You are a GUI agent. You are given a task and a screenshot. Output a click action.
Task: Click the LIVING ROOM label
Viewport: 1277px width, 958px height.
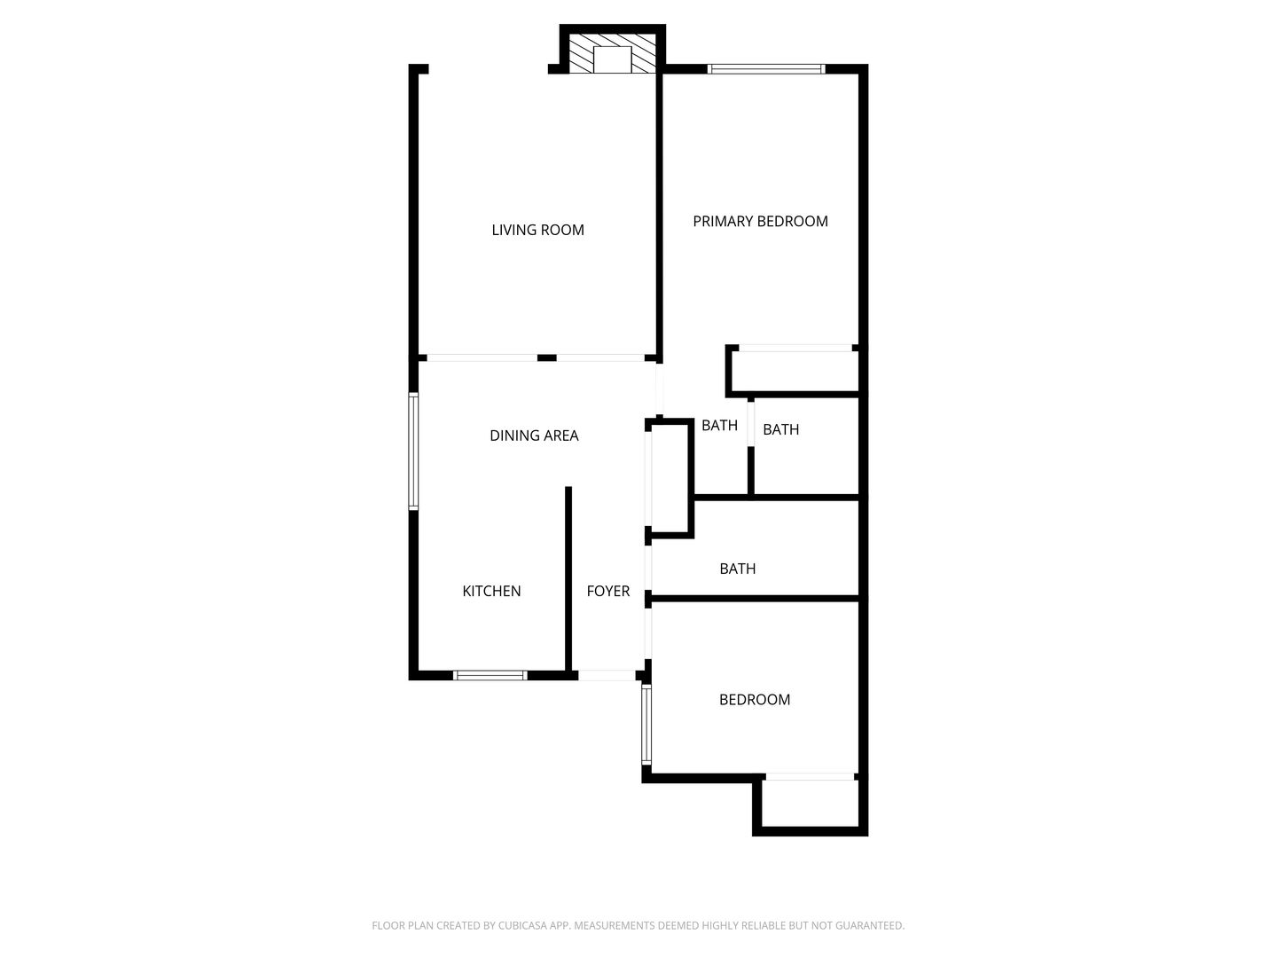point(537,230)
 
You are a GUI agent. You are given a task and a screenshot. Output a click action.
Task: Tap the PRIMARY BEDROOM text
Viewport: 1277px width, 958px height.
point(760,221)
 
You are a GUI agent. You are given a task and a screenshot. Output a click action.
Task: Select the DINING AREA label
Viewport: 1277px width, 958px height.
point(534,435)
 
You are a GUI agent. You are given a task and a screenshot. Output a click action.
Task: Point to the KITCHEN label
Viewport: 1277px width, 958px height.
point(491,591)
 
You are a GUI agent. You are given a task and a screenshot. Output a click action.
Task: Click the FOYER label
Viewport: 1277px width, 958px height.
point(608,591)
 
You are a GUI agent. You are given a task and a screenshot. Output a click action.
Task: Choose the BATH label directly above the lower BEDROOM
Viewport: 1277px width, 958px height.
point(737,569)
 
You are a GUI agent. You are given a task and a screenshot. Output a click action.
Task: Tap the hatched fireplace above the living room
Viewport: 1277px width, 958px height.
point(612,53)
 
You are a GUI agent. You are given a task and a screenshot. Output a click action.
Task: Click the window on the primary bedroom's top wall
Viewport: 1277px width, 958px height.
point(766,68)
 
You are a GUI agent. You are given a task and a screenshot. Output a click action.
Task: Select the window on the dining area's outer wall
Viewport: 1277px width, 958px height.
point(413,451)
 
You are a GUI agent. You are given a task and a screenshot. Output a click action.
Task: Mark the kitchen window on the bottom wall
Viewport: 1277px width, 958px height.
point(490,675)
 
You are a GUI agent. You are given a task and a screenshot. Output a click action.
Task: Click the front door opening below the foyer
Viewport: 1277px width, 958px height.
point(607,675)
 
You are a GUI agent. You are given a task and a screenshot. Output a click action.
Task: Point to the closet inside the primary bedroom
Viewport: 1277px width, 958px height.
point(795,371)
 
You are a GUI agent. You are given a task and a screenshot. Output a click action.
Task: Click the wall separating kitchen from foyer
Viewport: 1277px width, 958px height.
point(568,578)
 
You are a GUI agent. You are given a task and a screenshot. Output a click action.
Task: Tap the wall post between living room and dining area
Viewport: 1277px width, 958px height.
point(546,357)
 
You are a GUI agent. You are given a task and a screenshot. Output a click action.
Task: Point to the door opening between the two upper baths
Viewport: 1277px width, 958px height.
point(750,424)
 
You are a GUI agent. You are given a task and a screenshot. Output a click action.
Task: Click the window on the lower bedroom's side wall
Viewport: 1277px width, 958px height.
point(646,724)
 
